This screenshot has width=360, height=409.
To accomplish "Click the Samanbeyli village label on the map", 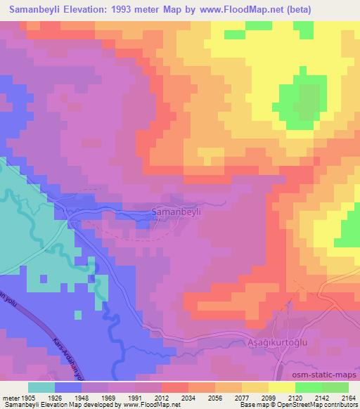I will [x=177, y=210].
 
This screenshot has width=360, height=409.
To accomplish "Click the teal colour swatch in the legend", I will [x=41, y=387].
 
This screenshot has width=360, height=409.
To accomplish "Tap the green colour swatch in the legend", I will [x=309, y=387].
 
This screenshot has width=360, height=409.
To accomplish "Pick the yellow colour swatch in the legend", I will [x=282, y=387].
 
